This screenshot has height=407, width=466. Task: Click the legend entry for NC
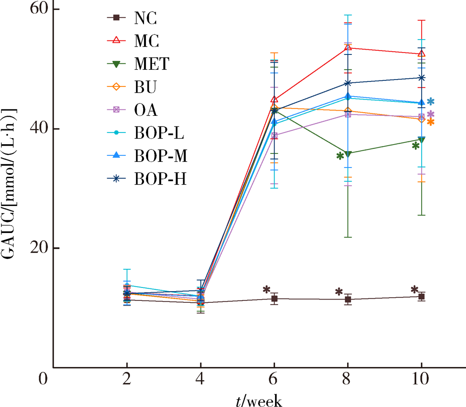[145, 18]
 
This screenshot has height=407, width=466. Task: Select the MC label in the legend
[146, 41]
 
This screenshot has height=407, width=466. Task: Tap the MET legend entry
[151, 64]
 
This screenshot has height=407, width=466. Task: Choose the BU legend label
[145, 87]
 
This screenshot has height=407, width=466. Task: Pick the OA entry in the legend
[146, 110]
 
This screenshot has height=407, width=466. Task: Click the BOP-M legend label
[160, 157]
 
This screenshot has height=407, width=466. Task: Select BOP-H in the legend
[160, 179]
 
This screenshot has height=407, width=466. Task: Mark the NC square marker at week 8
[348, 300]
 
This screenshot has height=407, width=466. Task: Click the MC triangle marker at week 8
[348, 48]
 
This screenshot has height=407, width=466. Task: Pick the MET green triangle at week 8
[348, 153]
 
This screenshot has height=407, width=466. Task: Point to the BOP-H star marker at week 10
[421, 78]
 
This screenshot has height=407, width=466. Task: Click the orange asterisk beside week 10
[431, 122]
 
